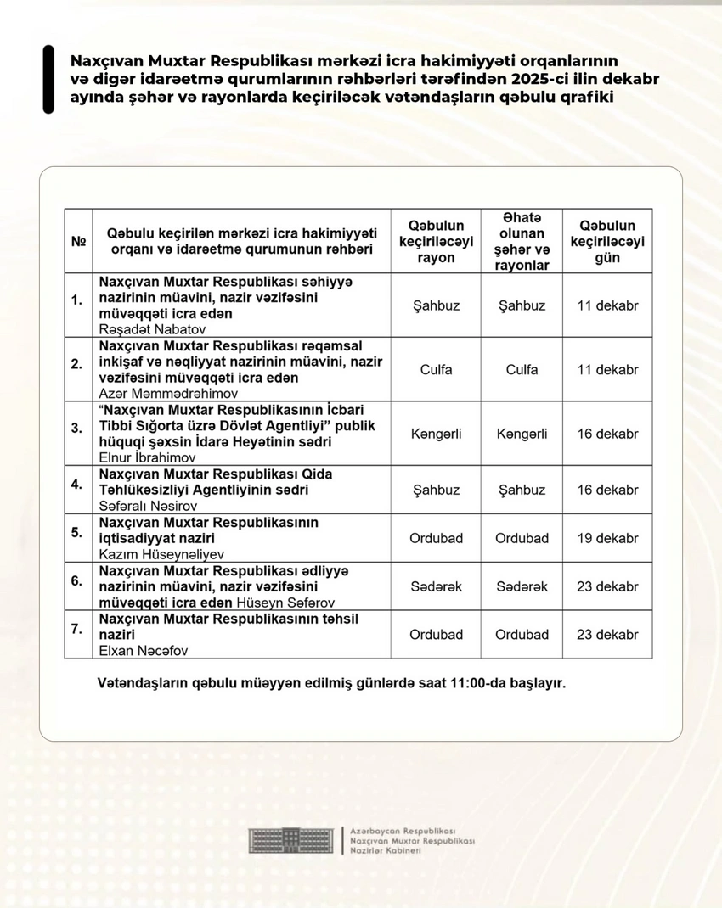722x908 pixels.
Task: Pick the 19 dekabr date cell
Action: tap(606, 538)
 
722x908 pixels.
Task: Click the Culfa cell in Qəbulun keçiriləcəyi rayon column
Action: tap(436, 370)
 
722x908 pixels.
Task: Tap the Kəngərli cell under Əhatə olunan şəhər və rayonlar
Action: tap(522, 434)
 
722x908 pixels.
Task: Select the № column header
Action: tap(78, 241)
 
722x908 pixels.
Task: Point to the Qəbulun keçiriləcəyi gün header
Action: tap(606, 241)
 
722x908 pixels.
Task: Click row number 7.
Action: tap(76, 629)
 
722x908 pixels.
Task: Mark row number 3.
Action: tap(76, 427)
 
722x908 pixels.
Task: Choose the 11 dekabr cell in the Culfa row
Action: tap(606, 370)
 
